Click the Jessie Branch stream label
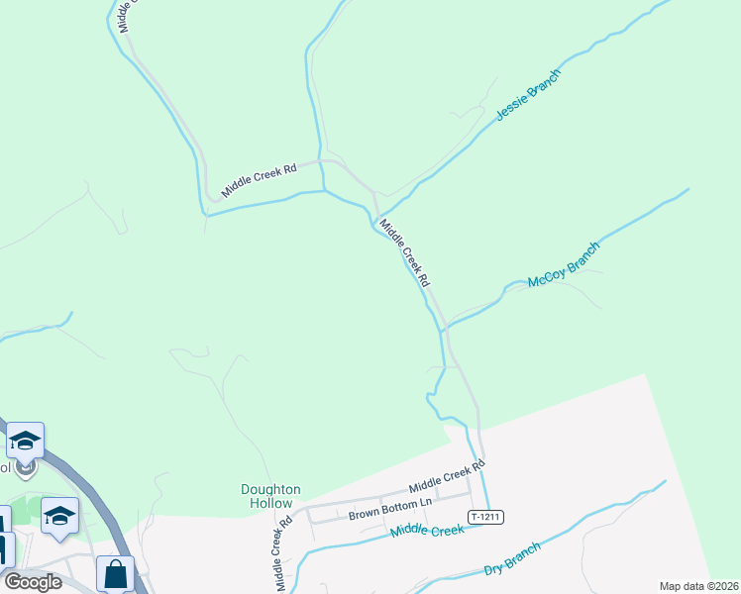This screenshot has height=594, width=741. pyautogui.click(x=528, y=95)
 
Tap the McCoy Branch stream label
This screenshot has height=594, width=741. pyautogui.click(x=565, y=265)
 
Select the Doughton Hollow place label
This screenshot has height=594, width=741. pyautogui.click(x=270, y=496)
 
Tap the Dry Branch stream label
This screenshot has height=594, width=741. pyautogui.click(x=512, y=559)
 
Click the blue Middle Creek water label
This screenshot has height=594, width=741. pyautogui.click(x=427, y=532)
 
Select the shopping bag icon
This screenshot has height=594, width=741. pyautogui.click(x=115, y=573)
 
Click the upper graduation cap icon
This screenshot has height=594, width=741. pyautogui.click(x=25, y=440)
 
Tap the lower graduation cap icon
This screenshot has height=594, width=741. pyautogui.click(x=59, y=515)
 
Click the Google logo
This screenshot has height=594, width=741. pyautogui.click(x=33, y=581)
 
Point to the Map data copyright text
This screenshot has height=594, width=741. pyautogui.click(x=697, y=586)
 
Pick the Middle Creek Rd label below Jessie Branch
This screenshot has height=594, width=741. pyautogui.click(x=406, y=253)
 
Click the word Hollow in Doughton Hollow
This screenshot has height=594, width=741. pyautogui.click(x=270, y=503)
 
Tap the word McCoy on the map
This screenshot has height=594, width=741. pyautogui.click(x=546, y=277)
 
